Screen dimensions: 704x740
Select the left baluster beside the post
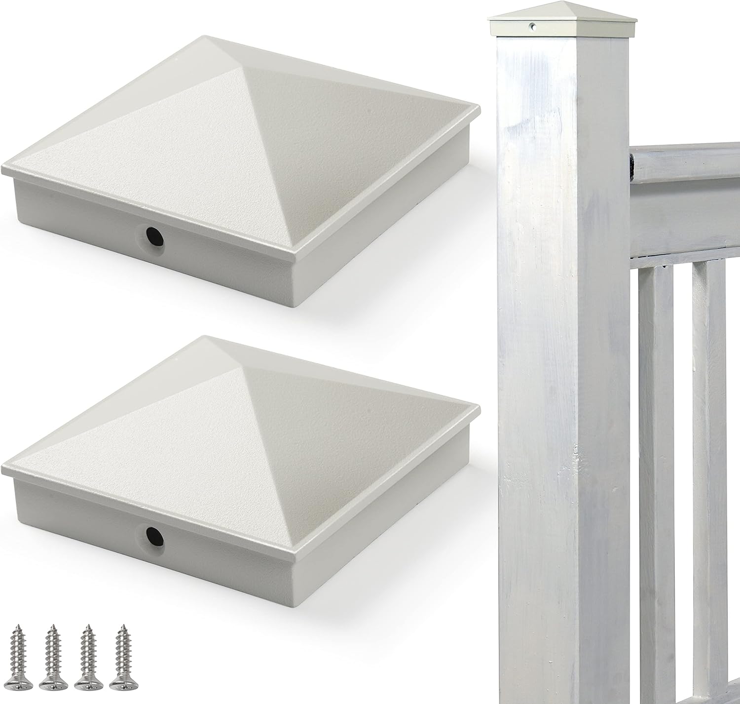[656, 444]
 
